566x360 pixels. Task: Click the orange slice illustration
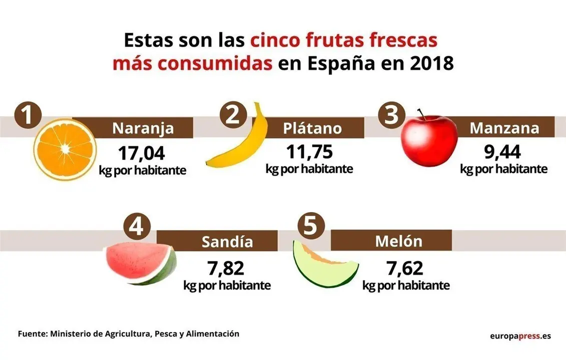65,149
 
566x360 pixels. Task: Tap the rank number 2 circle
234,116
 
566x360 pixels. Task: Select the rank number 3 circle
392,116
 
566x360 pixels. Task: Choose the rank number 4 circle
136,228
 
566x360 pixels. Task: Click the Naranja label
143,128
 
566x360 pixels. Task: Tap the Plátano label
312,128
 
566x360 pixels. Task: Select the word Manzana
504,128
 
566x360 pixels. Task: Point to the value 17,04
142,152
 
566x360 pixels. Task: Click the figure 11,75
309,151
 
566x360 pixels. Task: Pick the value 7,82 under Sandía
227,268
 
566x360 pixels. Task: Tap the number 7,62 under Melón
405,268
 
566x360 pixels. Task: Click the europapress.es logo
520,335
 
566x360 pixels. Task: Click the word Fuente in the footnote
32,333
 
